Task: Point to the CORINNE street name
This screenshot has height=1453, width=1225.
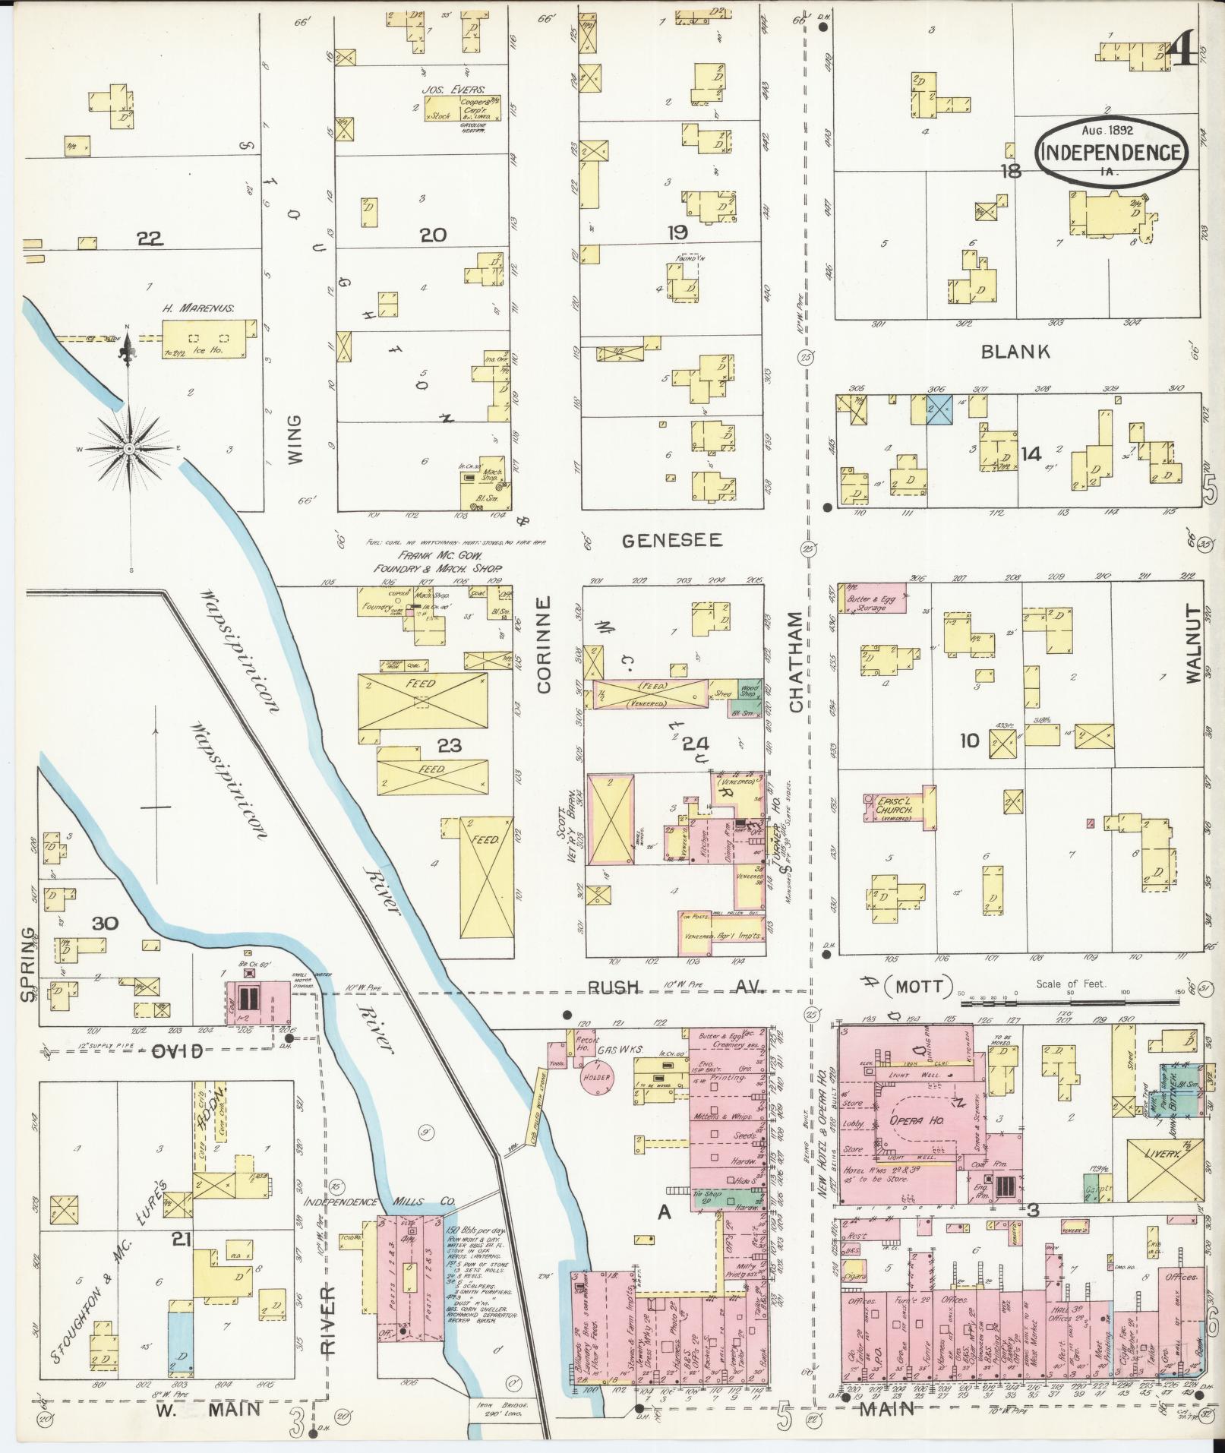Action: tap(544, 644)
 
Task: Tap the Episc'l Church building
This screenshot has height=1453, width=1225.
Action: tap(899, 810)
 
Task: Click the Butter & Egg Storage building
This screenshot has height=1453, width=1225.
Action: tap(873, 602)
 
